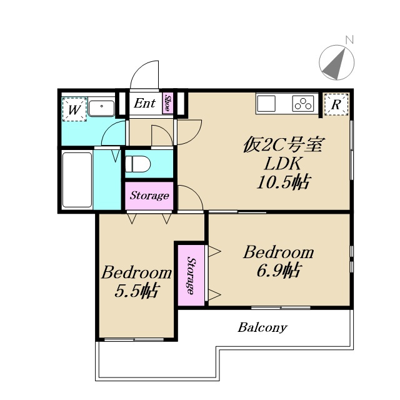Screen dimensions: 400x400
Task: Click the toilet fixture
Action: (137, 164)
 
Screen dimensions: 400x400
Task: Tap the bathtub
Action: (77, 180)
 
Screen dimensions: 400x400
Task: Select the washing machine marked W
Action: (74, 109)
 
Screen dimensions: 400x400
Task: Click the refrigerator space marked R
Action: (336, 104)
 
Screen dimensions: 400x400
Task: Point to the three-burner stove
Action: (303, 103)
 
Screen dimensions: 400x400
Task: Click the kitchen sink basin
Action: (266, 104)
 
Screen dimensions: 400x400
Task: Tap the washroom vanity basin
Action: (101, 108)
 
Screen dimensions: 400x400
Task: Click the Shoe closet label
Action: (167, 103)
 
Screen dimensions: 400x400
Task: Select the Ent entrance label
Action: (144, 103)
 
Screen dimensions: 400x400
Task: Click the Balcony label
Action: (262, 327)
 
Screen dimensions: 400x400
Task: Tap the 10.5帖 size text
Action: (283, 182)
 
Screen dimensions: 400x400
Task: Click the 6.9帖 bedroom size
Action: (278, 271)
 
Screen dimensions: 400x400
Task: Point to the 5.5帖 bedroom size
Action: (137, 291)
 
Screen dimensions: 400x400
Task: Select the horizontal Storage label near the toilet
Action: (149, 196)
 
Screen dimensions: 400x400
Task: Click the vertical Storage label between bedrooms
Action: (191, 275)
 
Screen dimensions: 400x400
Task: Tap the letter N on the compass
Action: (349, 40)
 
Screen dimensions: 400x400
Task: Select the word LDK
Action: (282, 164)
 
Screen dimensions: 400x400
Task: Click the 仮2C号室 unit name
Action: (284, 146)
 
